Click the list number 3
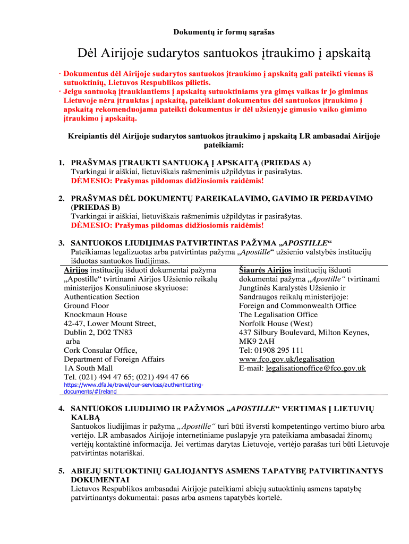click(61, 243)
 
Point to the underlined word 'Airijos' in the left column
click(76, 270)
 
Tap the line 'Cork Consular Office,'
click(100, 350)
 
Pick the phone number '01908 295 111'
click(277, 350)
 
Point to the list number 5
click(61, 471)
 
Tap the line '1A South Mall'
click(88, 368)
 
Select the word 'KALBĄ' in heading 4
click(84, 418)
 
